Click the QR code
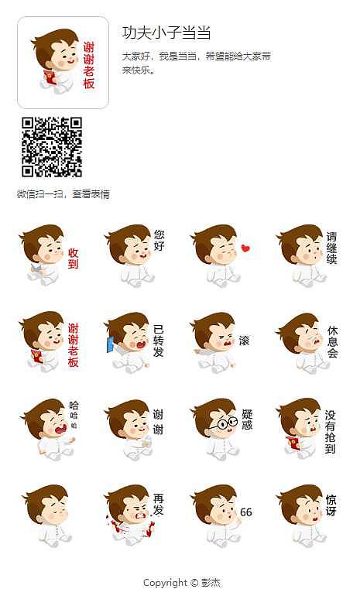point(52,147)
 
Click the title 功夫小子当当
point(166,33)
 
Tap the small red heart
point(245,248)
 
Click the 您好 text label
point(159,240)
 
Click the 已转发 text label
point(159,341)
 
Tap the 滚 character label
point(244,341)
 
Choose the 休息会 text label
point(332,341)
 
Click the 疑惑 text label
point(247,419)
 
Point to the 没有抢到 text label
point(331,431)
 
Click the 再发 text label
point(159,505)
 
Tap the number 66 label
point(246,512)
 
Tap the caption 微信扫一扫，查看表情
point(63,194)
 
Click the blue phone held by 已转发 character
point(110,344)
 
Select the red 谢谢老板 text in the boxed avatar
point(89,65)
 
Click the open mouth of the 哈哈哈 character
point(56,428)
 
